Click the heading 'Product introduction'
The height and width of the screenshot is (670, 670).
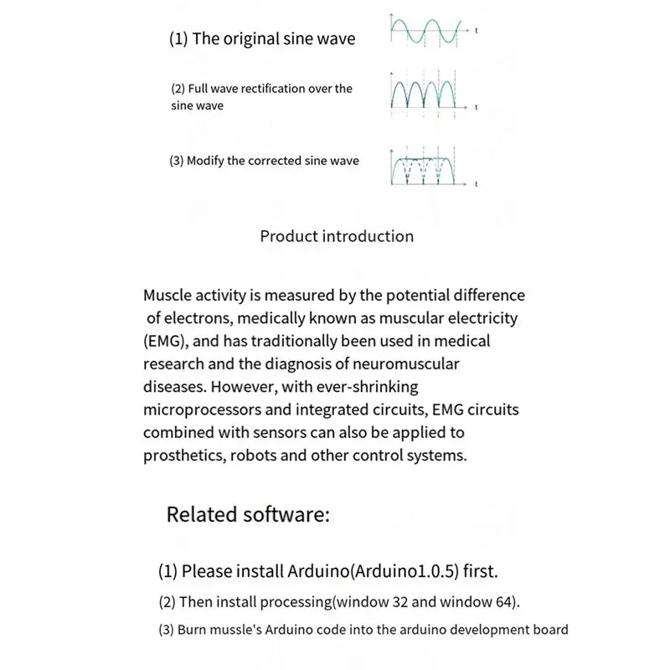[x=337, y=236]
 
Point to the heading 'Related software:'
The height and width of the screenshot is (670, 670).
[x=248, y=513]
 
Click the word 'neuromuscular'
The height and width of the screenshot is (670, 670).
[x=411, y=364]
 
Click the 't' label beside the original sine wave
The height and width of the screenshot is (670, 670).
[x=476, y=30]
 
